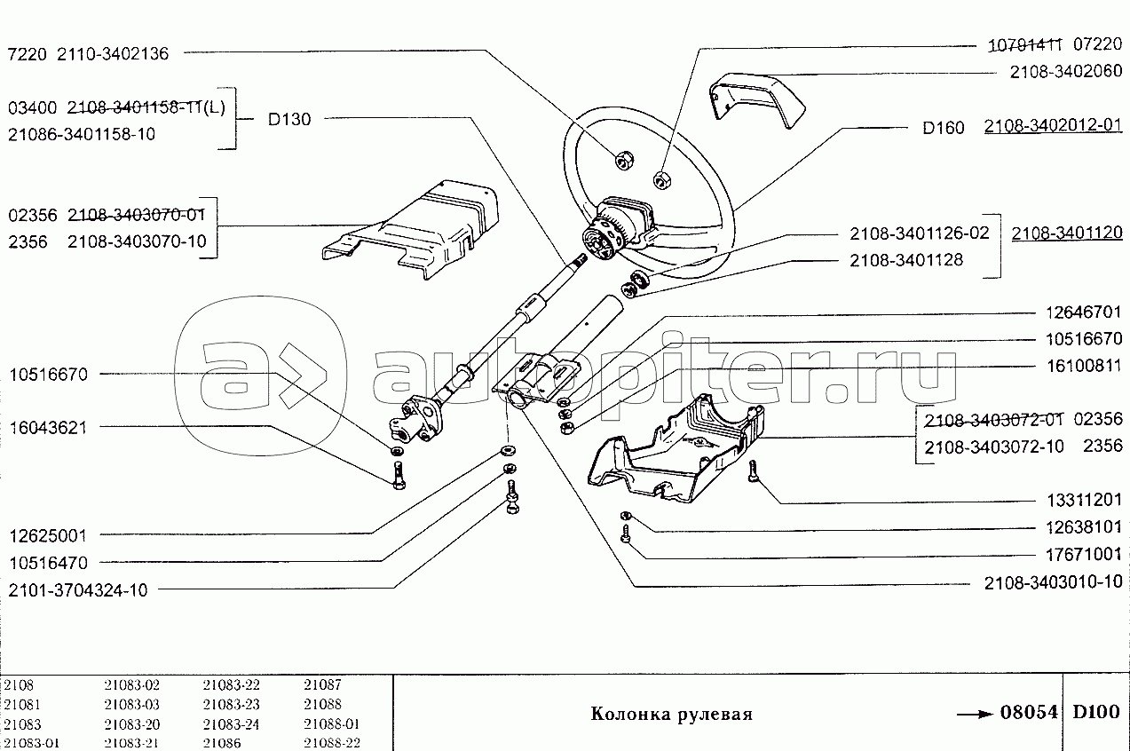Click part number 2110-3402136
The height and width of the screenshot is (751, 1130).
[x=113, y=53]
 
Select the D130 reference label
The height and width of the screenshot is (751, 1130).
[x=289, y=119]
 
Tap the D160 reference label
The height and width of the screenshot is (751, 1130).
[x=943, y=128]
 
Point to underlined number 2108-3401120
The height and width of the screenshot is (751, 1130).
[x=1066, y=234]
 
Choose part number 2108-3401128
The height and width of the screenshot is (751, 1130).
[x=905, y=261]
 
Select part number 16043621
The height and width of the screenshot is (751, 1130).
[x=48, y=427]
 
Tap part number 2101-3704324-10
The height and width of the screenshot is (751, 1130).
[x=79, y=589]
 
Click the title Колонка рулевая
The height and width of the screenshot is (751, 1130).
[x=671, y=715]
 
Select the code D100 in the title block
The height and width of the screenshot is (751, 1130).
[x=1095, y=713]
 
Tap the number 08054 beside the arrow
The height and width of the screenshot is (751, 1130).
[x=1029, y=713]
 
